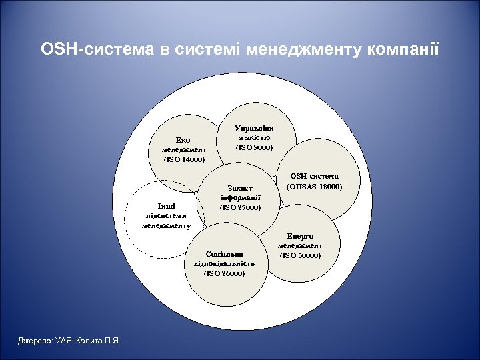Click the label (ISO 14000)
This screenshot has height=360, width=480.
point(184,159)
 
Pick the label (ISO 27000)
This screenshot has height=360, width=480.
point(240,207)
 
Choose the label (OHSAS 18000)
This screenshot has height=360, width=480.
point(313,187)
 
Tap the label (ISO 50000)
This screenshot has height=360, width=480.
point(300,255)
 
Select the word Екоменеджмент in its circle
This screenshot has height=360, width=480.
point(184,145)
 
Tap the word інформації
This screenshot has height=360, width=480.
point(240,198)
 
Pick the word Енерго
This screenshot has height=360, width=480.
point(300,236)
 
